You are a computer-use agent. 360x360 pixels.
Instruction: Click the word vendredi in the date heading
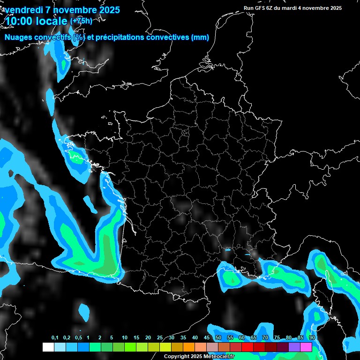pyautogui.click(x=24, y=10)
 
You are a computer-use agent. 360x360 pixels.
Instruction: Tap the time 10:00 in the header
pyautogui.click(x=19, y=21)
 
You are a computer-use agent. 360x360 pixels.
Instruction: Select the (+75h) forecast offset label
pyautogui.click(x=81, y=21)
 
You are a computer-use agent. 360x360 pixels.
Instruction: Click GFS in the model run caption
pyautogui.click(x=261, y=8)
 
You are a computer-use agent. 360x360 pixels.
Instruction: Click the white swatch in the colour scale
pyautogui.click(x=48, y=347)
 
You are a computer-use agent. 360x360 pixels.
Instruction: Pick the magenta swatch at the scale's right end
pyautogui.click(x=306, y=347)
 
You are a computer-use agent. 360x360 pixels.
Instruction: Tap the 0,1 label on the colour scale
pyautogui.click(x=55, y=338)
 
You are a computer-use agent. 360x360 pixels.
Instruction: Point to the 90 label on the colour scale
pyautogui.click(x=312, y=338)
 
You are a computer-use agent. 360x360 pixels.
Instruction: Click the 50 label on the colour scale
pyautogui.click(x=218, y=338)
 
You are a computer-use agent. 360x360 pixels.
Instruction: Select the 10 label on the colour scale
pyautogui.click(x=125, y=338)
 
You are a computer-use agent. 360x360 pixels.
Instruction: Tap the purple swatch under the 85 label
pyautogui.click(x=294, y=347)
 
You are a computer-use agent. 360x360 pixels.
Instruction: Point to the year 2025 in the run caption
pyautogui.click(x=335, y=8)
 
